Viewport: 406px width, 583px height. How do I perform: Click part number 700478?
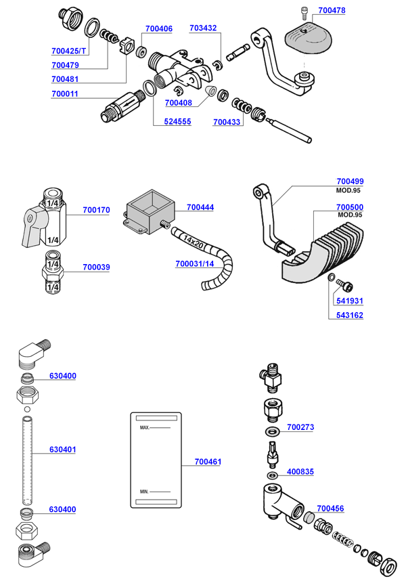pos(331,11)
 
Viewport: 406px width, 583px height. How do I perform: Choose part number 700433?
pos(226,122)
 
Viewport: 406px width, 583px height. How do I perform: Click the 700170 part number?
pos(96,210)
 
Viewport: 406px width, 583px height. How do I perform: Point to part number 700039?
pos(96,267)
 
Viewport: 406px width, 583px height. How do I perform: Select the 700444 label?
pos(200,207)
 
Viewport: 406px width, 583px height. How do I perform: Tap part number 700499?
pos(350,181)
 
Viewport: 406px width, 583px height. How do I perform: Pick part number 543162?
pos(350,316)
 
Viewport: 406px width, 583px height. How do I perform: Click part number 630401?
pos(62,449)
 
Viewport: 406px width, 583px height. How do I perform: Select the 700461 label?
pos(208,462)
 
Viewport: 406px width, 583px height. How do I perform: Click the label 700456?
pos(330,508)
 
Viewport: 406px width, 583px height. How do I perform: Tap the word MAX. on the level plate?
pos(144,429)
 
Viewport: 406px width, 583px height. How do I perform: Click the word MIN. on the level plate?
pos(143,490)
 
